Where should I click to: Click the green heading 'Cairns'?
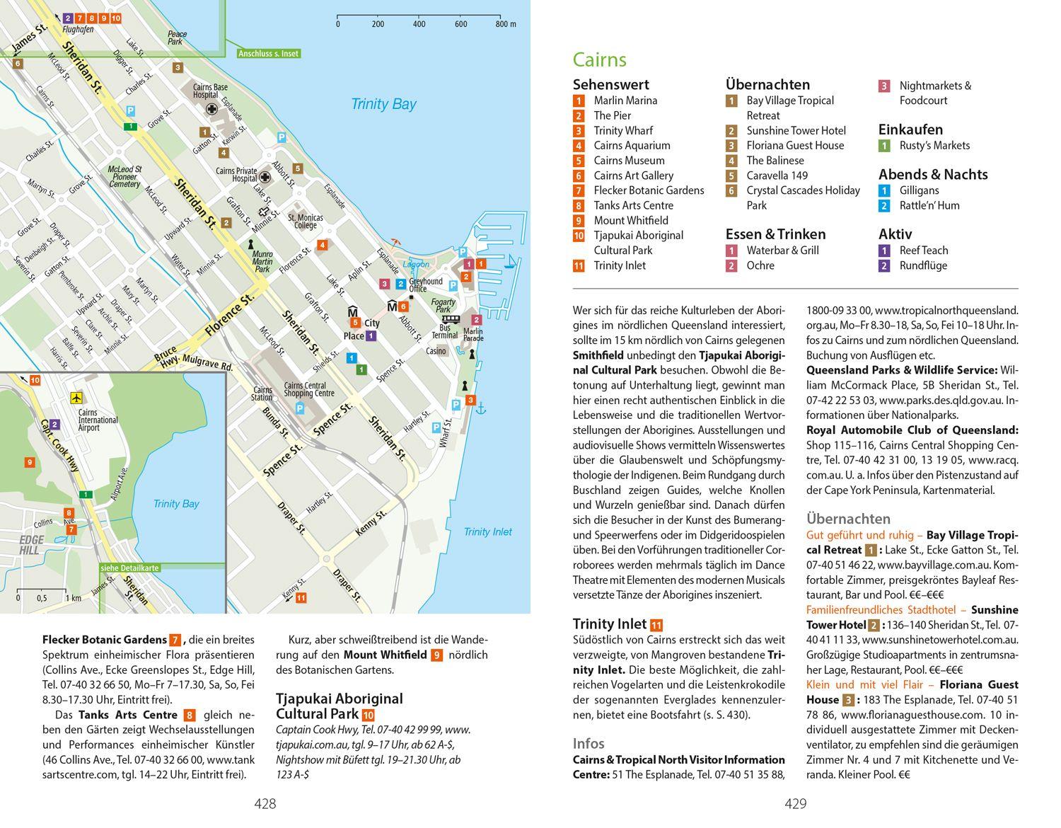coord(599,59)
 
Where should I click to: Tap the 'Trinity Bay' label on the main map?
coord(383,105)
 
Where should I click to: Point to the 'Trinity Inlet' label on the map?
coord(487,531)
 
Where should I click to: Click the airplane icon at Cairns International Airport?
coord(76,398)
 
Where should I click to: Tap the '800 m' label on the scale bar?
coord(505,24)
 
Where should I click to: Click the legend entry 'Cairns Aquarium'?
coord(631,146)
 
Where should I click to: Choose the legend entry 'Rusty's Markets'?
coord(934,146)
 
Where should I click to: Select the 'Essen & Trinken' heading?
coord(775,234)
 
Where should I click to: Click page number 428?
coord(265,803)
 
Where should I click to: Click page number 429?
coord(795,803)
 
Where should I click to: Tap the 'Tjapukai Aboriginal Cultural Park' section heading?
coord(339,706)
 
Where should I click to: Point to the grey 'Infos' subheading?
coord(589,743)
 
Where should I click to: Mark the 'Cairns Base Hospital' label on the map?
coord(211,91)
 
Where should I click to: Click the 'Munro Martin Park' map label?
coord(262,261)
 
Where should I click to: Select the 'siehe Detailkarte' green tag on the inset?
coord(129,568)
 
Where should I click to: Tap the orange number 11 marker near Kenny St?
coord(301,598)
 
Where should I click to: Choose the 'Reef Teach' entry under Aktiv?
coord(923,251)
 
